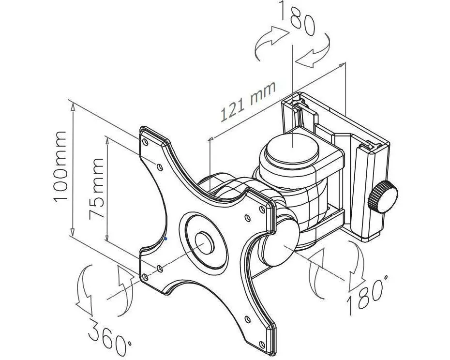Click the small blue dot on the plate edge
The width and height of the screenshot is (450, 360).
[166, 238]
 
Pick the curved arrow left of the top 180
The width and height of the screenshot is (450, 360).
[270, 43]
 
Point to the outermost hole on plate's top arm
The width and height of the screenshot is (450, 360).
[145, 142]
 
